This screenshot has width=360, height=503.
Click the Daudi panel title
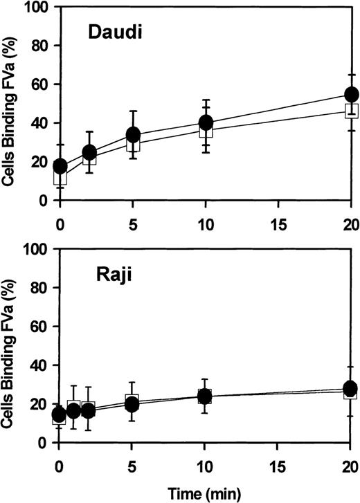pos(115,32)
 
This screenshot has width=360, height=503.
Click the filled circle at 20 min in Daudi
pos(351,94)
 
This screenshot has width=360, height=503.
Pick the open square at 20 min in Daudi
pos(351,111)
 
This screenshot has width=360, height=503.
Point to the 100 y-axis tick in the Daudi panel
pos(36,8)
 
